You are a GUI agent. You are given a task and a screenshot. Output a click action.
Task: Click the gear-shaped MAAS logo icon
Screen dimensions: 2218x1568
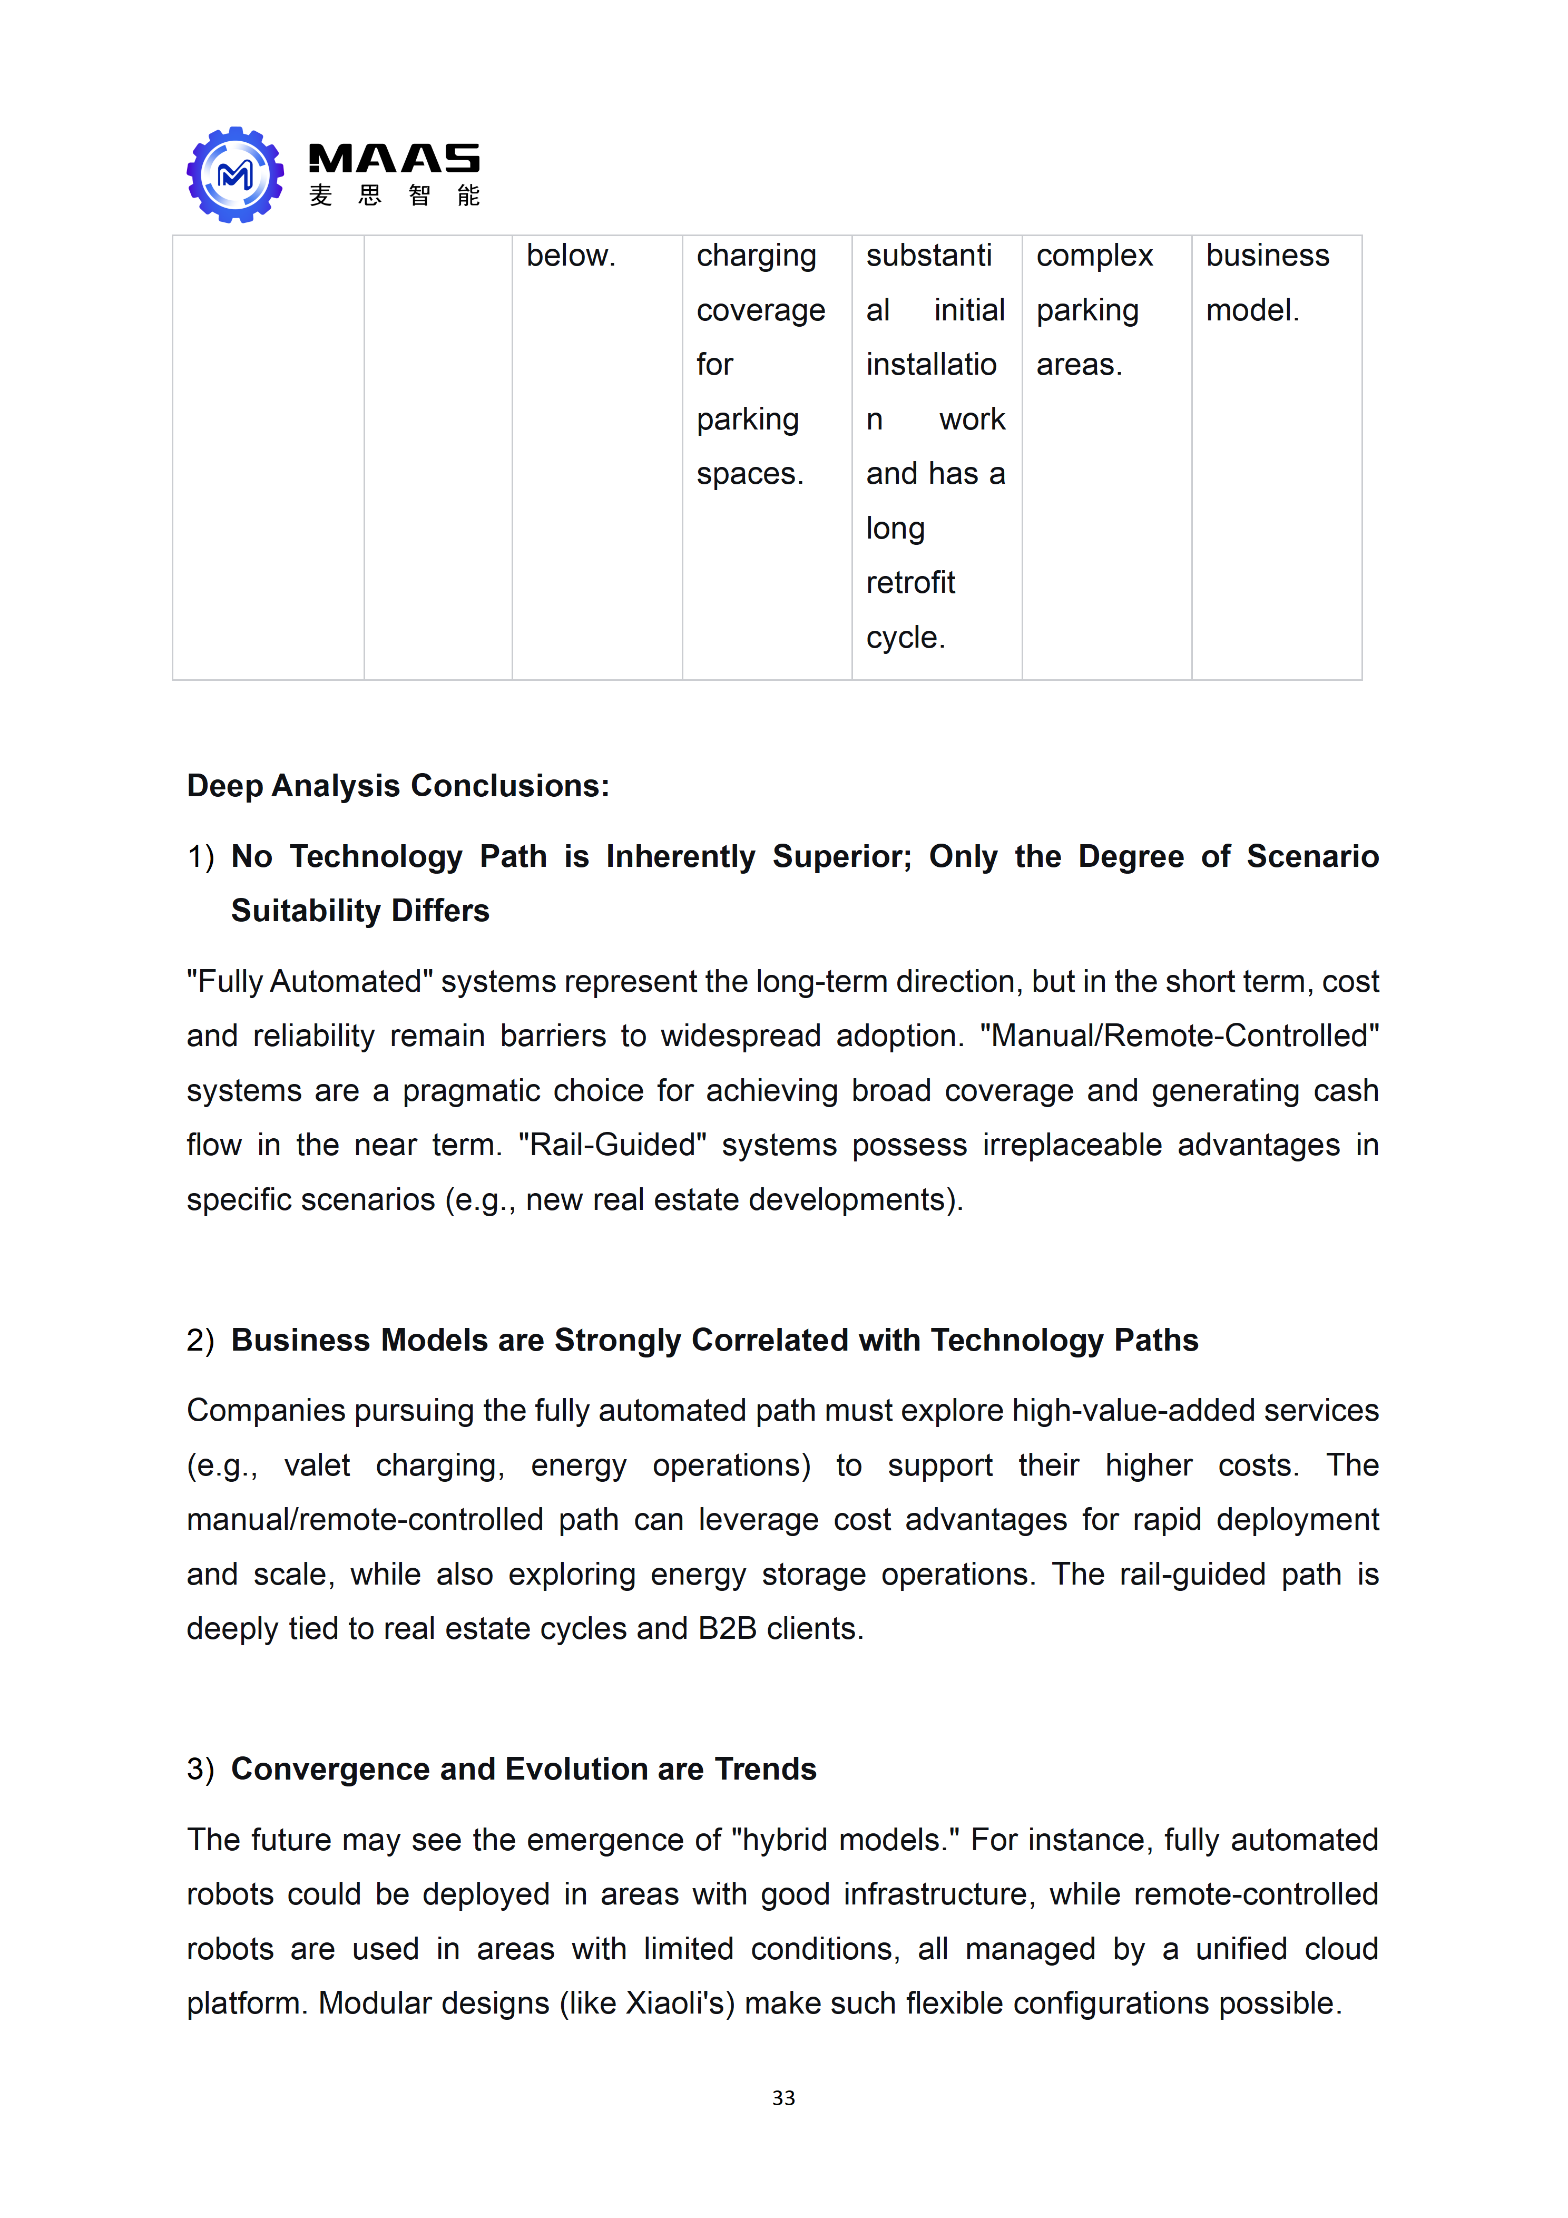point(235,175)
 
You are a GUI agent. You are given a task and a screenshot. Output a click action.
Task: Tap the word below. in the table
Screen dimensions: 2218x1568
point(570,256)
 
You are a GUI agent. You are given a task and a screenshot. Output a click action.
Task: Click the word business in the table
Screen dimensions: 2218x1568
point(1267,256)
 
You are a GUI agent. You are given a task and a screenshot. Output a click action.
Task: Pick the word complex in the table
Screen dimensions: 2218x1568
point(1094,256)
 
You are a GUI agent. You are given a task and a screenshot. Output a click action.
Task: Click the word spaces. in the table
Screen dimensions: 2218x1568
point(750,474)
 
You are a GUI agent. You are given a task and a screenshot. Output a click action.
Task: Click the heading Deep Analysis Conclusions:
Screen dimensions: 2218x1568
point(398,785)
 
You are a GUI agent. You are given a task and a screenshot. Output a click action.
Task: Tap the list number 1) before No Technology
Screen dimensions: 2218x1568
point(200,857)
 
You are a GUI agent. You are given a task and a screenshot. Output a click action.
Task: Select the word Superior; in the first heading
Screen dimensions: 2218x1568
point(841,857)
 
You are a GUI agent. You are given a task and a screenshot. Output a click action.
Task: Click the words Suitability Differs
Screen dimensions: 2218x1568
point(359,911)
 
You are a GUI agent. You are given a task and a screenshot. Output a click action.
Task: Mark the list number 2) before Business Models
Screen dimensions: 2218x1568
point(200,1341)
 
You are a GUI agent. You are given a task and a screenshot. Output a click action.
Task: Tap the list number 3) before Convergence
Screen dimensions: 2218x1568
point(200,1770)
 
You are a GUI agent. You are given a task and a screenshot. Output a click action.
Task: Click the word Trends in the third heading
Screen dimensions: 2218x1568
point(765,1770)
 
